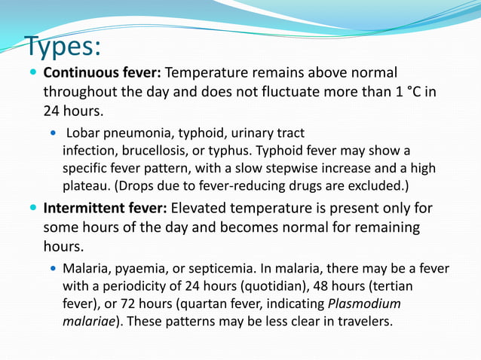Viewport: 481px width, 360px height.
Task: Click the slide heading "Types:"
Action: [63, 47]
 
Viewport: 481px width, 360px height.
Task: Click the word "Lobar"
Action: [83, 134]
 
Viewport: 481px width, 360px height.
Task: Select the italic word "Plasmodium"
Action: [365, 304]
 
